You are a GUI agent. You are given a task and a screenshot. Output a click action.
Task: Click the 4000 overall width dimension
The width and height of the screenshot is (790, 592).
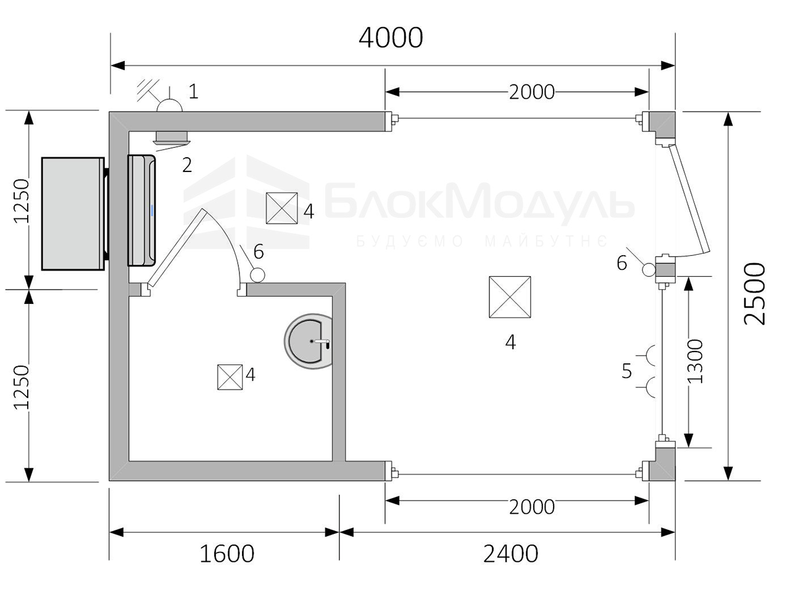[x=391, y=38]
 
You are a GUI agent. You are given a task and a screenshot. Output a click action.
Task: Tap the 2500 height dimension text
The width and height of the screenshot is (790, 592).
[x=754, y=294]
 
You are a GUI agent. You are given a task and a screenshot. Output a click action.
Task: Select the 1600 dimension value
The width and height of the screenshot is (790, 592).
[x=227, y=554]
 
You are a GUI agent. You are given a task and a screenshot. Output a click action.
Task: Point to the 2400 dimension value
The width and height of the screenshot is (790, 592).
[x=510, y=554]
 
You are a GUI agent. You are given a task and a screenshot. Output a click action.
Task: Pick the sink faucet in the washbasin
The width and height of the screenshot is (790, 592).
[x=322, y=342]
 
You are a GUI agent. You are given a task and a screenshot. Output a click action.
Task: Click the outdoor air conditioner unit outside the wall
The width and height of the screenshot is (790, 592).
[x=75, y=213]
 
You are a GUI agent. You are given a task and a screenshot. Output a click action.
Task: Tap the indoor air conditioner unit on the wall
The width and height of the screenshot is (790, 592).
[x=142, y=210]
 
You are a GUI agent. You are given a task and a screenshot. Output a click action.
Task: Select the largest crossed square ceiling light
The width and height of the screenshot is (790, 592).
[x=510, y=297]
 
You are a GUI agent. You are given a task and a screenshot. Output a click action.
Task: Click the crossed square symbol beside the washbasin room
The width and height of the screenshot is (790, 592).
[x=230, y=377]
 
